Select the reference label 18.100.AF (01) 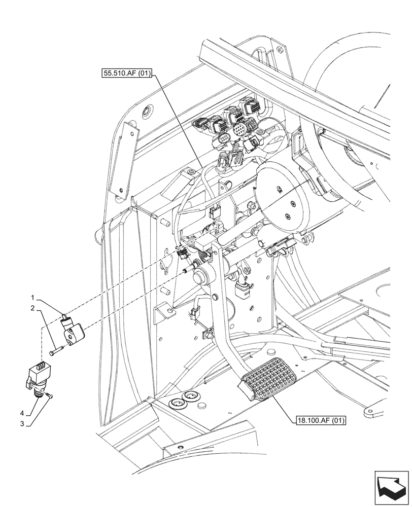(x=319, y=420)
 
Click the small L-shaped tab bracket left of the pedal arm (x=163, y=312)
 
